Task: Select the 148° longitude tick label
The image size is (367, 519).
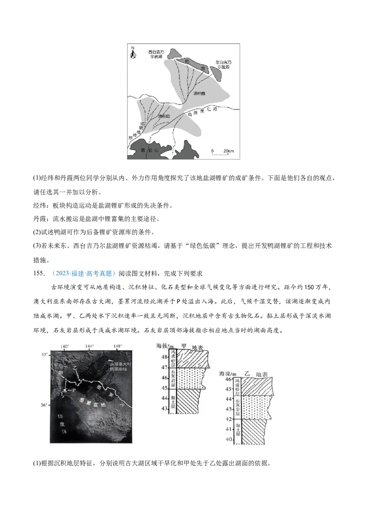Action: point(117,346)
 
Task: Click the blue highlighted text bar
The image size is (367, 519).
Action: point(84,274)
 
